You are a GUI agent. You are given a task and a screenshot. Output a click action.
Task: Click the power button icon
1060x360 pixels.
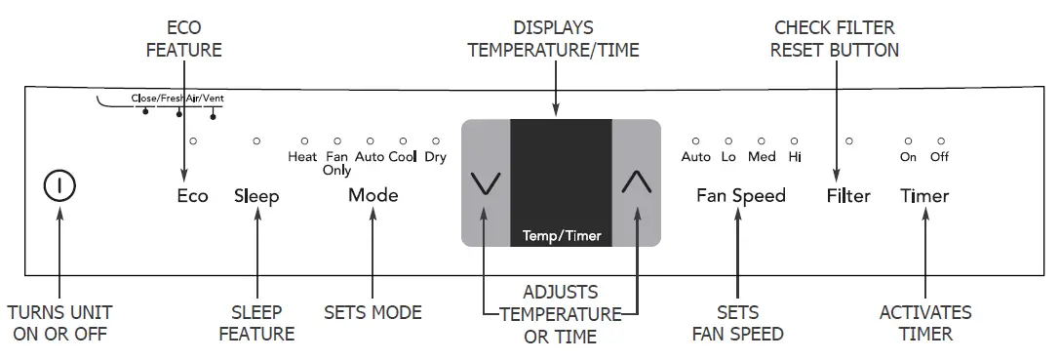[59, 184]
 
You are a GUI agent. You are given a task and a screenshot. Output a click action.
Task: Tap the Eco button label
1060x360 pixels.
[192, 196]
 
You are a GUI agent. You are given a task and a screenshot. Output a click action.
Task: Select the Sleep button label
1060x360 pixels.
[256, 196]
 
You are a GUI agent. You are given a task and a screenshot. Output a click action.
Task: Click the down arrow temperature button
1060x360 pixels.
[485, 182]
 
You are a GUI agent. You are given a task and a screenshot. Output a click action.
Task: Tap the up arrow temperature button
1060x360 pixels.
[635, 182]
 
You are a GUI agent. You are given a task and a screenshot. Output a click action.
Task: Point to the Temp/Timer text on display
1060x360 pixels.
[561, 235]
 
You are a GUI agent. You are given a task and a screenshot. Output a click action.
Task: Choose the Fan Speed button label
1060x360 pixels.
[740, 196]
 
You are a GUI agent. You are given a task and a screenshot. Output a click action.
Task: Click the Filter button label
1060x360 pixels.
[847, 196]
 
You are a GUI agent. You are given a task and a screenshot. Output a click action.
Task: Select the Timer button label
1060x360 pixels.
[923, 196]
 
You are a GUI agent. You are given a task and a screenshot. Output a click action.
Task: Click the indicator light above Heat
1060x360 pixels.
[304, 141]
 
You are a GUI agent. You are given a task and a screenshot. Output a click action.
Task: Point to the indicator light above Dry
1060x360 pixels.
[436, 141]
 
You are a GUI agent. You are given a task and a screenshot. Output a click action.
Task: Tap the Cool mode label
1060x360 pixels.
[403, 156]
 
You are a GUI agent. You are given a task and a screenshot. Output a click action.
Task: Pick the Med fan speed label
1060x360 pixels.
[762, 156]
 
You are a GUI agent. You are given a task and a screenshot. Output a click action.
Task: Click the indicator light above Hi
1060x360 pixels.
[795, 141]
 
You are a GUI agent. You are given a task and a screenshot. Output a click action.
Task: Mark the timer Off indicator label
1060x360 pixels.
[939, 156]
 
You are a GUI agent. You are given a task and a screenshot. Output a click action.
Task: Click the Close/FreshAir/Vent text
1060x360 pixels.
[183, 99]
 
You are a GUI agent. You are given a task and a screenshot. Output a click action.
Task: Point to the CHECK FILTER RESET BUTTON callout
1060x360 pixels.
[834, 39]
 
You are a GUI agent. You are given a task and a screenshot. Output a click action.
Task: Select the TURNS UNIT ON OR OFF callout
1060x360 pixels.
[59, 323]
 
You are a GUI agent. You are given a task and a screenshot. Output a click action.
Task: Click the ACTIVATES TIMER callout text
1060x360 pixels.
[924, 323]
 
